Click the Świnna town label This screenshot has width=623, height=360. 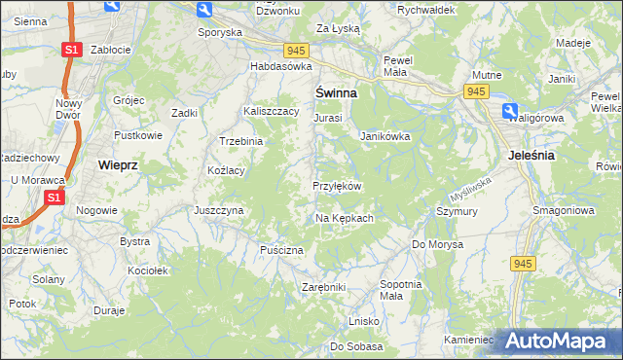coord(335,93)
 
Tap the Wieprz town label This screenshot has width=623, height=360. coord(119,165)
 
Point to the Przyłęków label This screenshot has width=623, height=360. coord(338,186)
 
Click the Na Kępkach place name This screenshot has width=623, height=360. coord(345,218)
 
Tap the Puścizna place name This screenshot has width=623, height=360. coord(281,250)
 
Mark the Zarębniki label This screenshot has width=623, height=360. coord(324,287)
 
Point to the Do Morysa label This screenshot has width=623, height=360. coord(434,243)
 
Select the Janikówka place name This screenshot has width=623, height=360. coord(385,136)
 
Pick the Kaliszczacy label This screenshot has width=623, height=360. coord(272,112)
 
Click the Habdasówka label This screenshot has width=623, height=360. coord(280,66)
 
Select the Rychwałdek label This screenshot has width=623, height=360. coord(426,9)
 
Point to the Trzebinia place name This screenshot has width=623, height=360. coord(241,141)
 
